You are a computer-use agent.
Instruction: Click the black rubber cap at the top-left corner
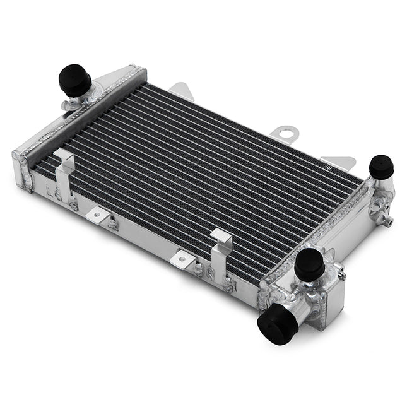tap(74, 80)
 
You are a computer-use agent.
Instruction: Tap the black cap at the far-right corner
tap(381, 167)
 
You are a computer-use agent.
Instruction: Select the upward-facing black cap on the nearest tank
tap(309, 264)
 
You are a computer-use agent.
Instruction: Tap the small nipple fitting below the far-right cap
tap(387, 219)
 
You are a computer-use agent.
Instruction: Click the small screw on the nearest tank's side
tap(341, 273)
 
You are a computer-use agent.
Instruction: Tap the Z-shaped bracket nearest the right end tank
tap(220, 252)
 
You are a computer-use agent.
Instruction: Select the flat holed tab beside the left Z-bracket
tap(98, 215)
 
